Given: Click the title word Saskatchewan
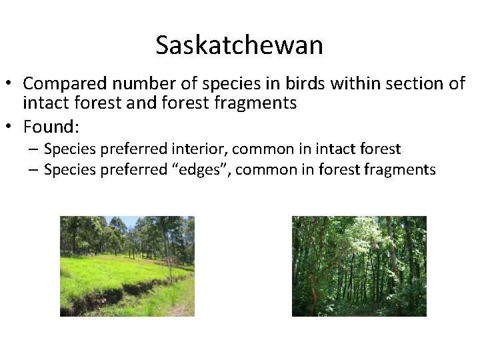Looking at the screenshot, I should pos(239,45).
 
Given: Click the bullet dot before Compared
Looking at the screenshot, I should pos(12,85).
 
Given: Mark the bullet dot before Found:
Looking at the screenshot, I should pos(12,126).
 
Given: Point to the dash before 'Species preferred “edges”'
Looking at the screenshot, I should pos(33,170).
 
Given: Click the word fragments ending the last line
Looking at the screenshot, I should pos(400,169).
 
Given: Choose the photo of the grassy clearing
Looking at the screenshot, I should pos(127,266).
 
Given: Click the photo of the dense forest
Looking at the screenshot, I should pos(359,266).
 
